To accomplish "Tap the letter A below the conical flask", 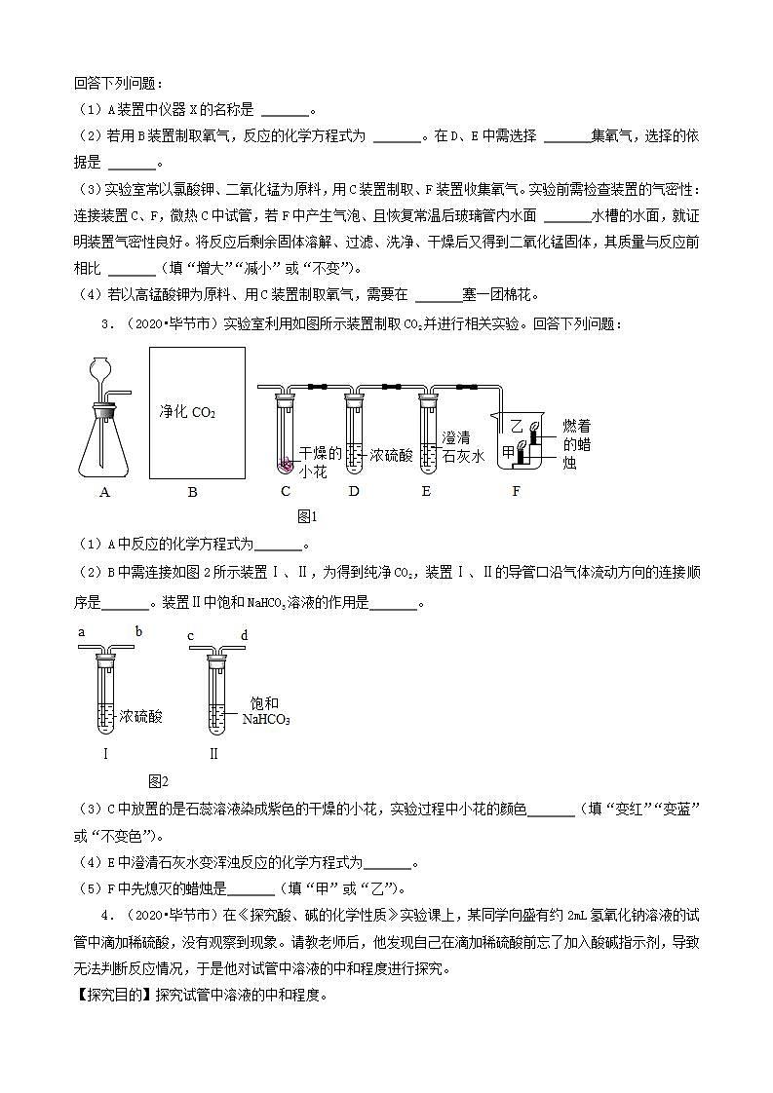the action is coord(104,492).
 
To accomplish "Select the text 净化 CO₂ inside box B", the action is coord(187,412).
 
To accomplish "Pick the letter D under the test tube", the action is coord(353,491).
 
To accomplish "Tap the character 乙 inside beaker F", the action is coord(518,425).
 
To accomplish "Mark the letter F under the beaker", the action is coord(517,491).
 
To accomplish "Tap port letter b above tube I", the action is coord(138,632).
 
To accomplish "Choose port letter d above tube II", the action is coord(245,636).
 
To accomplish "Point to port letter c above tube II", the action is coord(191,636).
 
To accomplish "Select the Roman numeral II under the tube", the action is coord(213,753).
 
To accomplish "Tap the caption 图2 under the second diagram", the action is coord(158,780).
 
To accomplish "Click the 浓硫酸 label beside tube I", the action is coord(141,716).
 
